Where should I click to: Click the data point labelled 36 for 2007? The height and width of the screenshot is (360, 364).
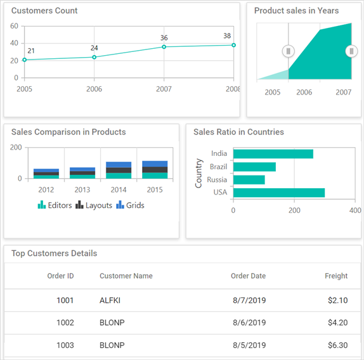pyautogui.click(x=164, y=47)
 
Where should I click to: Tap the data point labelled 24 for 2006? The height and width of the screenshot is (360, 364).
pyautogui.click(x=94, y=57)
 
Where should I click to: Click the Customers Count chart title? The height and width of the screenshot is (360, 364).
pyautogui.click(x=44, y=11)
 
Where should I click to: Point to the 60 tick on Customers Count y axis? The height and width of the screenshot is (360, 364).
pyautogui.click(x=14, y=26)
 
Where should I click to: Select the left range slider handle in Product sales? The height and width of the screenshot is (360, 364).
pyautogui.click(x=289, y=51)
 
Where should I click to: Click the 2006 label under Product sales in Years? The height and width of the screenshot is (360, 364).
pyautogui.click(x=304, y=93)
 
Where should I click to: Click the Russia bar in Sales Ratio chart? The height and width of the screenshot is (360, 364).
pyautogui.click(x=249, y=180)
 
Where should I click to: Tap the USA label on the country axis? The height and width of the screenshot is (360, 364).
pyautogui.click(x=219, y=193)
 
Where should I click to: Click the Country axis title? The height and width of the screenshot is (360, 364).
pyautogui.click(x=199, y=172)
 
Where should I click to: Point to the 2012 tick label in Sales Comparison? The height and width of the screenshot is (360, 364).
pyautogui.click(x=46, y=190)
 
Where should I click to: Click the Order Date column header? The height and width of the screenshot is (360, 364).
pyautogui.click(x=248, y=276)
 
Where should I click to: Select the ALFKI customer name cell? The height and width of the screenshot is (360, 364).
pyautogui.click(x=110, y=300)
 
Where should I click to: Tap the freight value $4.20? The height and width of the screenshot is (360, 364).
pyautogui.click(x=337, y=323)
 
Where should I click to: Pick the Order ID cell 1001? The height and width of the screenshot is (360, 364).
pyautogui.click(x=65, y=300)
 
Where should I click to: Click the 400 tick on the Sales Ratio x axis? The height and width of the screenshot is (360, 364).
pyautogui.click(x=355, y=210)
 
